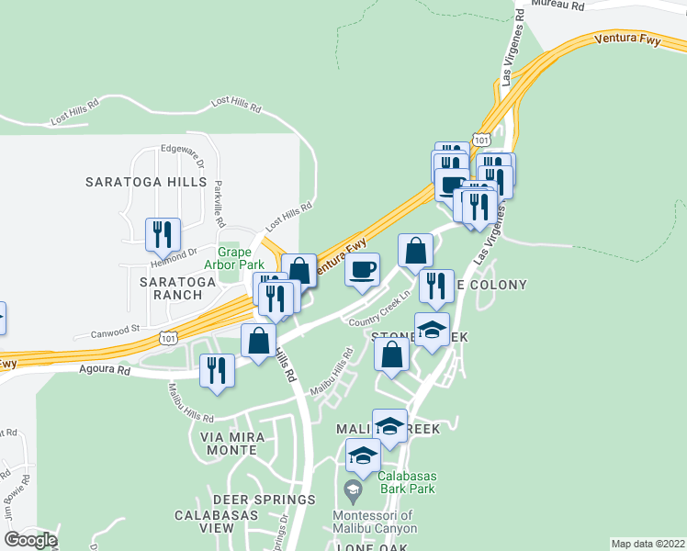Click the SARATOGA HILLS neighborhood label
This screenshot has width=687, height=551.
pos(146,182)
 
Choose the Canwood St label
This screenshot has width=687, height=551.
pos(115,327)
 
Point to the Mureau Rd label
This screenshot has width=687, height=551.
pos(557,6)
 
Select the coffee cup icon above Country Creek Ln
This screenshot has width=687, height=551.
pos(362,270)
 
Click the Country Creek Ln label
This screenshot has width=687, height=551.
pos(378,320)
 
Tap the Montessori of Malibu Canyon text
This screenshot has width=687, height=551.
pos(375,522)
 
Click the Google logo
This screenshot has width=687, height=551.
pos(30,540)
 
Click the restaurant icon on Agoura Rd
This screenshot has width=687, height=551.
pos(217,370)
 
